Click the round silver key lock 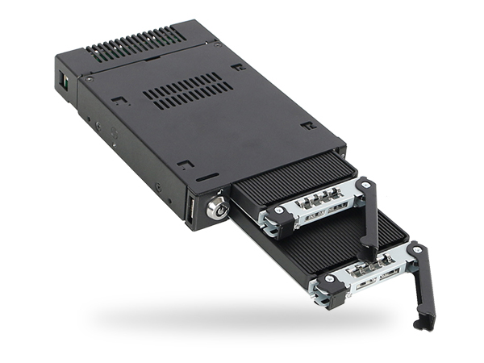point(216,208)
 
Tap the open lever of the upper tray point(369,213)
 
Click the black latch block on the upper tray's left point(274,223)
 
